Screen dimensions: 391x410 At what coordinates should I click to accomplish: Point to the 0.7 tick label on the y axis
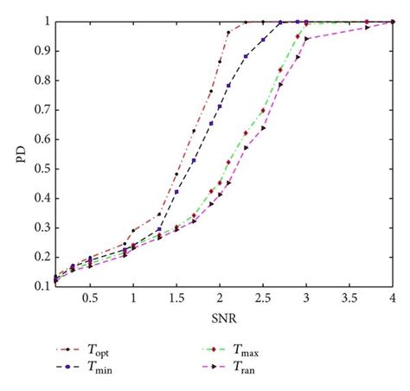pos(40,110)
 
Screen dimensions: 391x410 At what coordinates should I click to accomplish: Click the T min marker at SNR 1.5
pos(176,192)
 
